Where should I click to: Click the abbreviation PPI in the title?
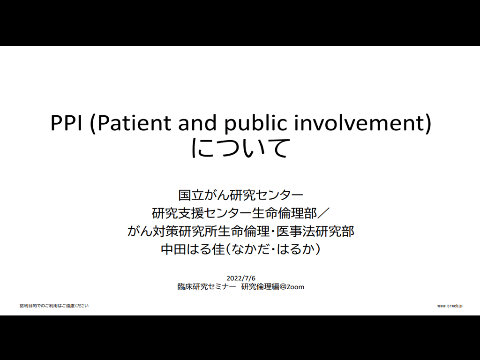67,123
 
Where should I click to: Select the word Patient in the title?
134,123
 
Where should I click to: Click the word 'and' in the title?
198,123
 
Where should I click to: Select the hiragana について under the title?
240,148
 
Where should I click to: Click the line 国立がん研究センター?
240,195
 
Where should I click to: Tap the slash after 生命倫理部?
323,213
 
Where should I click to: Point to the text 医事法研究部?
315,231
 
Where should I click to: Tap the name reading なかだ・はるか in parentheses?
274,249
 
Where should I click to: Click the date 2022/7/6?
240,278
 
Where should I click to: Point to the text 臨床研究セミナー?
207,287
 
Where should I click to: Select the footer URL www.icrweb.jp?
450,306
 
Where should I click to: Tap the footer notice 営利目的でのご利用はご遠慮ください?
54,306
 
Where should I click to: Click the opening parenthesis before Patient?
93,123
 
